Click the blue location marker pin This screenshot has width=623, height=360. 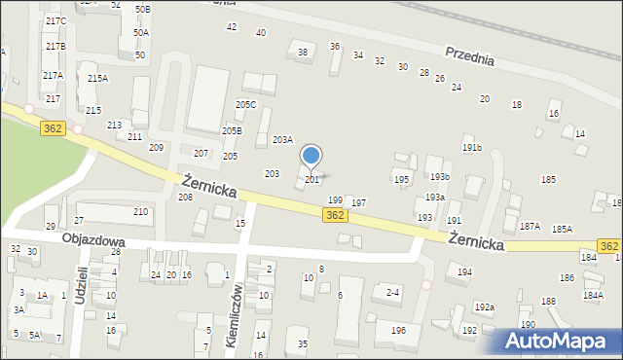[x=311, y=157]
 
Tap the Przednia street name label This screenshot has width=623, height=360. [x=470, y=56]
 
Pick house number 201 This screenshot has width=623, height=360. [x=311, y=180]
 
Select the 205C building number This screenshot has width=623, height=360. [x=245, y=105]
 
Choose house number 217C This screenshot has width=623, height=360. [x=55, y=21]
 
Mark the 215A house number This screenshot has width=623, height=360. [x=96, y=79]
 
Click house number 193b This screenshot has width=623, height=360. [x=439, y=177]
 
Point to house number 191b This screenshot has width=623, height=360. [x=472, y=148]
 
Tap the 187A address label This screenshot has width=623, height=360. [x=530, y=227]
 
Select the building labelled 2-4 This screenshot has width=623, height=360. [x=393, y=292]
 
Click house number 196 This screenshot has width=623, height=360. [x=398, y=331]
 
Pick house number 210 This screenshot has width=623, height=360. [x=140, y=212]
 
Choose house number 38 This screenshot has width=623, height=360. [x=302, y=53]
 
